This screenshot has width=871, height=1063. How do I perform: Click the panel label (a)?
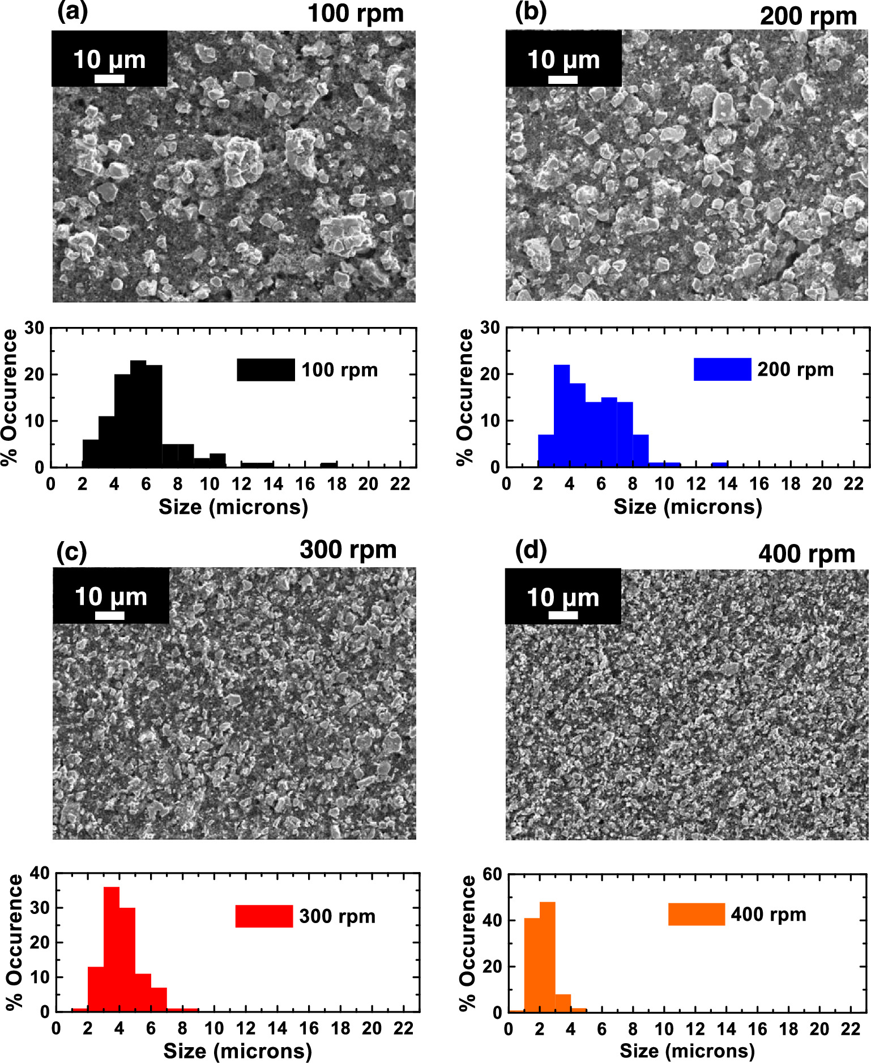(72, 12)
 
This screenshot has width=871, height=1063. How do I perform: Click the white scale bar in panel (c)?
(110, 615)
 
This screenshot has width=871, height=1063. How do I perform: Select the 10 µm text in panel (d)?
(563, 597)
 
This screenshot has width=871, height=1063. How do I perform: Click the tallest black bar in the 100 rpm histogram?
(138, 414)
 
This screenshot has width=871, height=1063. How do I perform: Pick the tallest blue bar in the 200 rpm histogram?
(561, 416)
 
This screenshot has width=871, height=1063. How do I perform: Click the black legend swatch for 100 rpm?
(266, 370)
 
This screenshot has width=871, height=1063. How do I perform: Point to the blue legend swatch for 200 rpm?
(722, 369)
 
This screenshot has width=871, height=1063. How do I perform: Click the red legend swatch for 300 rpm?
(264, 916)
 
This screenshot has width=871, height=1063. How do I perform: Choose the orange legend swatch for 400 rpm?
(696, 914)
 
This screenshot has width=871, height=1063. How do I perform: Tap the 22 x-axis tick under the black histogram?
(400, 484)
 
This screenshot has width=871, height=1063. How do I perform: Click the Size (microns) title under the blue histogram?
(688, 507)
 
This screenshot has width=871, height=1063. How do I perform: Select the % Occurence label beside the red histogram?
(16, 942)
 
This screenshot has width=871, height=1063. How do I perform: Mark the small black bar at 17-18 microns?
(329, 465)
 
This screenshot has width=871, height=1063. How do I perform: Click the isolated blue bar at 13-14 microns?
(719, 465)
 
